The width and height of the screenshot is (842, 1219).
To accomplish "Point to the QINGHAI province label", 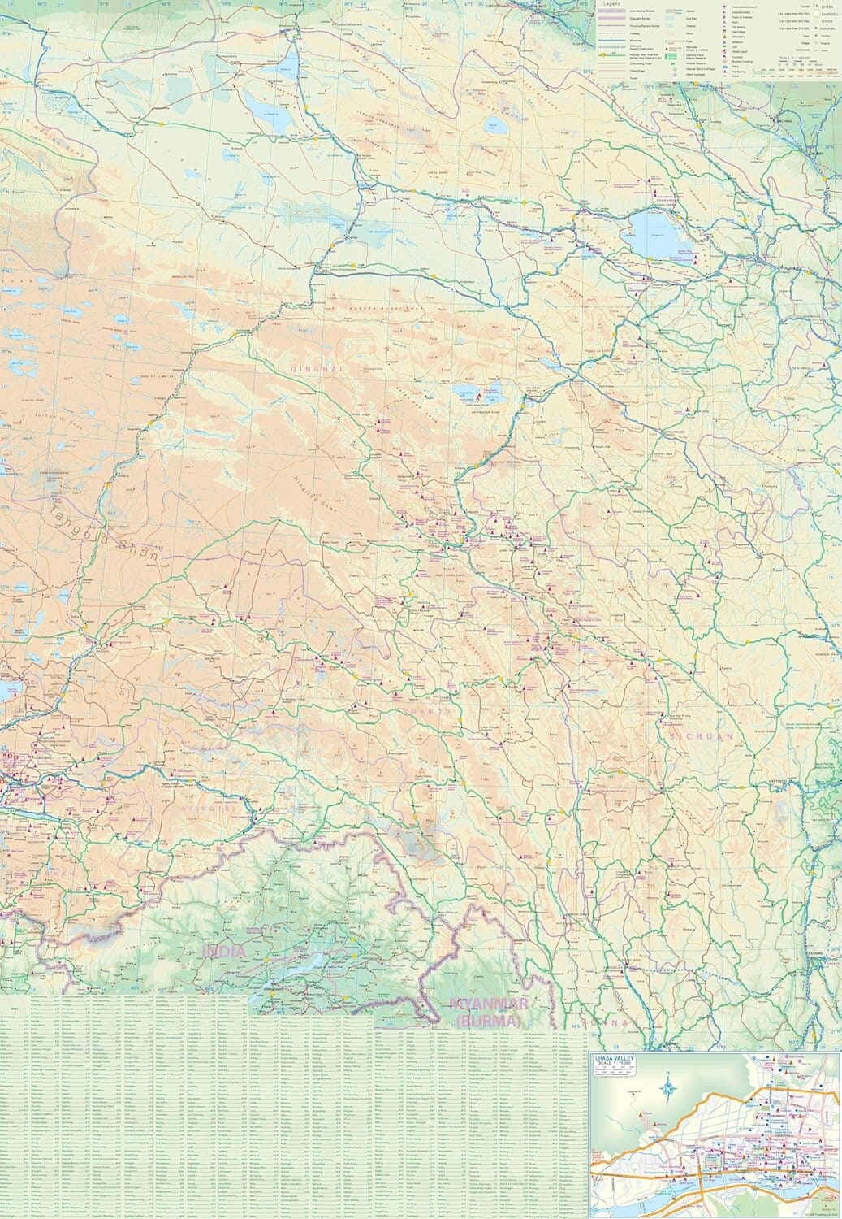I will pos(317,369).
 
